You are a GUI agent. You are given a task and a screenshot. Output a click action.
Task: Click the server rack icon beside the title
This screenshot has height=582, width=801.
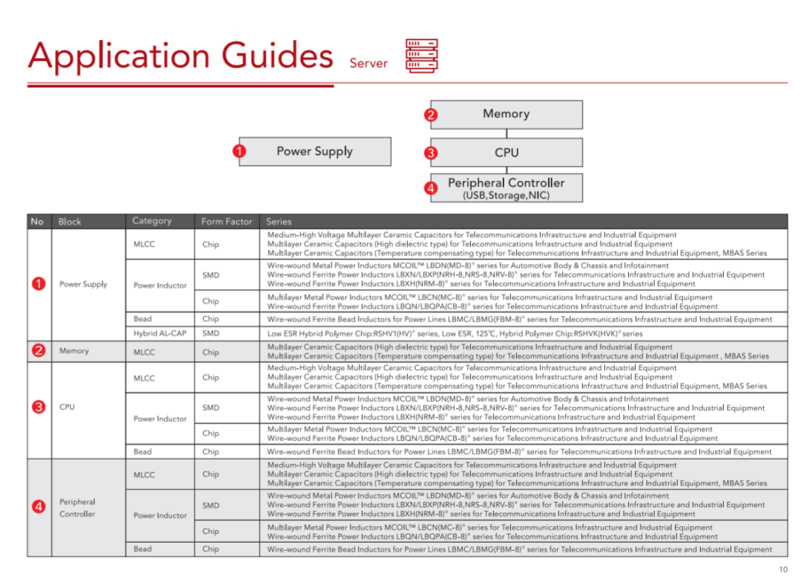[x=421, y=56]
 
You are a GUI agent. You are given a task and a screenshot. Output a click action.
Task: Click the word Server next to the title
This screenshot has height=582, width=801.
[x=369, y=64]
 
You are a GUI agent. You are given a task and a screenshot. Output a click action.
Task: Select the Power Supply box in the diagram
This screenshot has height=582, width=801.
[x=314, y=151]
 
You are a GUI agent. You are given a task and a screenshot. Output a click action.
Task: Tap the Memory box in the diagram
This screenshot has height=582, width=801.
[x=507, y=114]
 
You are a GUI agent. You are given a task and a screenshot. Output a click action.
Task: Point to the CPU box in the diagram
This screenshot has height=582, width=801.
[x=507, y=153]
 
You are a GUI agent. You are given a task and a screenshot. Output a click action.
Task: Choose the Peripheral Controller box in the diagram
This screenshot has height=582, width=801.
[x=507, y=188]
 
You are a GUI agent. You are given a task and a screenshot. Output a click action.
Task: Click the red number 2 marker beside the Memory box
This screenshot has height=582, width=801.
[x=431, y=115]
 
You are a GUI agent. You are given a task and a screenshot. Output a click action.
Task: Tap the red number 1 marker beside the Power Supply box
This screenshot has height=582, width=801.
[x=239, y=151]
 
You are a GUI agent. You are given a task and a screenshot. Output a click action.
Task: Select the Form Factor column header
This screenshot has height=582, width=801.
[x=227, y=221]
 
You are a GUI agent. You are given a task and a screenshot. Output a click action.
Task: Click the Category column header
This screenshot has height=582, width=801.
[x=152, y=221]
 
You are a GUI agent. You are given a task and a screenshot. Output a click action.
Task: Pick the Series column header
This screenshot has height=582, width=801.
[x=280, y=221]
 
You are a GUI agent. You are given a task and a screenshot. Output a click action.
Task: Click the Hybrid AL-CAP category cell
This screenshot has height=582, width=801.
[x=160, y=334]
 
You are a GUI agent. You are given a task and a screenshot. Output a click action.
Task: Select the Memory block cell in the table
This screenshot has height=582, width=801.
[x=74, y=351]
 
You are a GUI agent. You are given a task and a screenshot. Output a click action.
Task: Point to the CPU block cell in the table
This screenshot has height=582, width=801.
[x=67, y=407]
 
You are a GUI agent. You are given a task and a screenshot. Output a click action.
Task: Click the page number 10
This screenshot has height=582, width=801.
[x=783, y=569]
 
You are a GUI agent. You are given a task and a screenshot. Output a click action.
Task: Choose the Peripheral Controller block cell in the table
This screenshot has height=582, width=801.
[x=77, y=508]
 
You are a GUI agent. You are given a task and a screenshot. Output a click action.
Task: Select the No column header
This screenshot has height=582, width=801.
[x=37, y=221]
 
